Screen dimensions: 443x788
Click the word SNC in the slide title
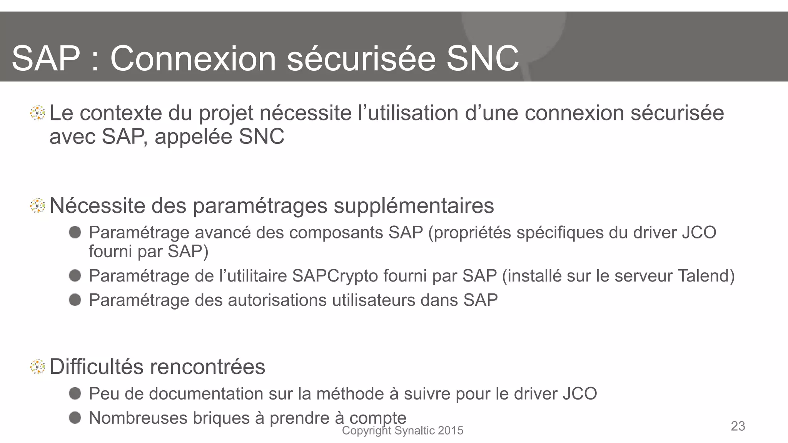click(482, 58)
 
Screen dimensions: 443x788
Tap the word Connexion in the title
click(193, 58)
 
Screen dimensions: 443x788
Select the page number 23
click(738, 426)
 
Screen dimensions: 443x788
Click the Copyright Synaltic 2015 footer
click(402, 431)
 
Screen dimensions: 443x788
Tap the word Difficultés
click(97, 366)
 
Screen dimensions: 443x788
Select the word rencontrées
click(207, 367)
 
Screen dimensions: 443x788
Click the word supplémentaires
click(414, 206)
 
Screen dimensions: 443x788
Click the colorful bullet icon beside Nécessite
click(38, 206)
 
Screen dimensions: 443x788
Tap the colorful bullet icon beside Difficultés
click(38, 366)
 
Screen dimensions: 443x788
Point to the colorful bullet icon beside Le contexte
click(38, 113)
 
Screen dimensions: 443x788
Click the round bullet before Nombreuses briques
click(75, 418)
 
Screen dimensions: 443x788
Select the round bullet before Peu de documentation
click(75, 393)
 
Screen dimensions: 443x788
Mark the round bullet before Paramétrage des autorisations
click(75, 300)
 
